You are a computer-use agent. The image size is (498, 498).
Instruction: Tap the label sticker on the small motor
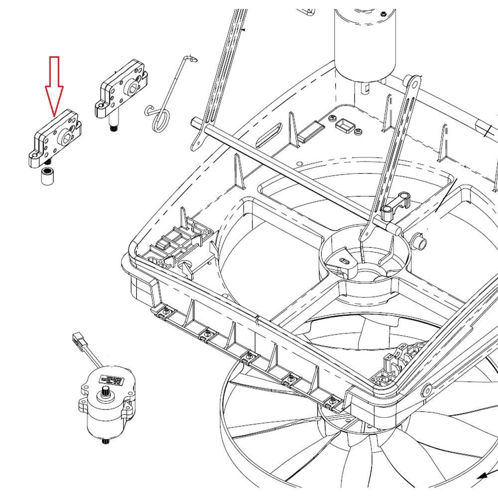[x=110, y=380]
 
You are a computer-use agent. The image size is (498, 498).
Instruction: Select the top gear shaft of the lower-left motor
[x=106, y=396]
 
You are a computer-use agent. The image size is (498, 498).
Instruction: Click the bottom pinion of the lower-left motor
[x=106, y=441]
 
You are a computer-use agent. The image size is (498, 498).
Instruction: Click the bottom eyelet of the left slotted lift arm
[x=196, y=145]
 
